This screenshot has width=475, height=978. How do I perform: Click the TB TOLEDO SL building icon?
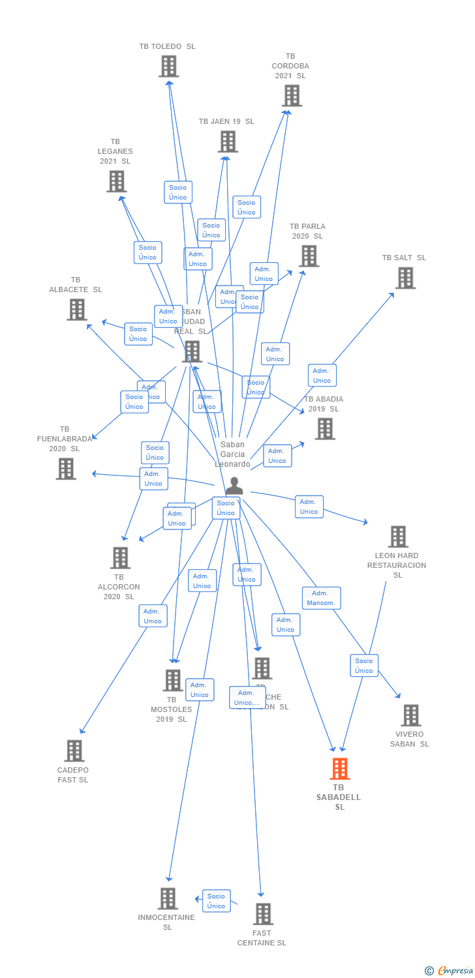(x=168, y=67)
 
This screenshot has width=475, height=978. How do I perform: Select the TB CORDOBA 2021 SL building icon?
(x=291, y=96)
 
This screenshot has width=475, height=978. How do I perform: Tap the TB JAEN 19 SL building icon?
(x=227, y=141)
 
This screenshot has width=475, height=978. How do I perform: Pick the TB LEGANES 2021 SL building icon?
(x=116, y=181)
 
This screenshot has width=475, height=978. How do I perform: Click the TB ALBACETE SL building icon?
(x=76, y=310)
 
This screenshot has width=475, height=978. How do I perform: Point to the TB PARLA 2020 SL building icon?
(x=309, y=256)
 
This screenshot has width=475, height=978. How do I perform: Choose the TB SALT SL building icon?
(x=405, y=278)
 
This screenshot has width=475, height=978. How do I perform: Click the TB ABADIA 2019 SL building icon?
(x=324, y=429)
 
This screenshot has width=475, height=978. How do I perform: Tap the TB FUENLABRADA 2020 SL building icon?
(x=65, y=469)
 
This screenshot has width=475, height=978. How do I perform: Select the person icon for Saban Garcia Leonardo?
(x=234, y=486)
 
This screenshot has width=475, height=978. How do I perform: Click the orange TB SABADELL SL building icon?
(x=339, y=769)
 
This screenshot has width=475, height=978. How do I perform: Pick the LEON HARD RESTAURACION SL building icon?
(x=397, y=537)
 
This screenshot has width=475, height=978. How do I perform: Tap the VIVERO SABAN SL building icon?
(x=410, y=715)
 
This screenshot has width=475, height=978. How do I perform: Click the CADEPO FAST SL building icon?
(x=74, y=750)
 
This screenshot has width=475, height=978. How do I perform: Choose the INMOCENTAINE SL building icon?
(x=168, y=898)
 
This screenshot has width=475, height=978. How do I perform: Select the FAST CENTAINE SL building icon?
(x=262, y=914)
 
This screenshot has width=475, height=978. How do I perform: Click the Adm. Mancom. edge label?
(x=321, y=598)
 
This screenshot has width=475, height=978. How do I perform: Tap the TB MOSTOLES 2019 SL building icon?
(x=172, y=681)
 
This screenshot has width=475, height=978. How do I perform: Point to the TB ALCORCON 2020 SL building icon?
(x=120, y=558)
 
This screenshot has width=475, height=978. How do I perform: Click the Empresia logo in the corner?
(x=450, y=971)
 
